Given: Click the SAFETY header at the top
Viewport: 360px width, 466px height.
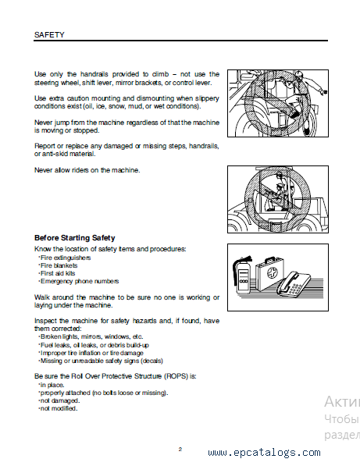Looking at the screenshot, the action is pos(49,35).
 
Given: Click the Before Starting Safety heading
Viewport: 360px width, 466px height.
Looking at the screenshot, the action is pos(75,238).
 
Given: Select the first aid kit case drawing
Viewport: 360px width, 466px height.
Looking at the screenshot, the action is pos(269,273).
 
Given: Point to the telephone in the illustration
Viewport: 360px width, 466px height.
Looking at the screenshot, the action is pos(294,283).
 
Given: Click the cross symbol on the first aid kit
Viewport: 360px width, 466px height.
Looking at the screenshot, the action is pos(271,272).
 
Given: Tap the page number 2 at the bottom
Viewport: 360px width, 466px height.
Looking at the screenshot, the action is pos(180,449).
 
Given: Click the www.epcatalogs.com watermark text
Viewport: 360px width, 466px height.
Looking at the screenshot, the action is pos(264,452).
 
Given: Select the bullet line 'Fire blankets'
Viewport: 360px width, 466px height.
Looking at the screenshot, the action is pos(59,265).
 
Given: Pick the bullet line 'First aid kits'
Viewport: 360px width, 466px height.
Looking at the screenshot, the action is pos(57,273).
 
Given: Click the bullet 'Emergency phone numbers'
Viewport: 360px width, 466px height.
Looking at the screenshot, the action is pos(79,281).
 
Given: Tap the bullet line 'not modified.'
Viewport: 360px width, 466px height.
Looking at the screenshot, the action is pos(59,408).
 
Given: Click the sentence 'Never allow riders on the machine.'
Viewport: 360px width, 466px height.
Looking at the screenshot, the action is pos(87,170).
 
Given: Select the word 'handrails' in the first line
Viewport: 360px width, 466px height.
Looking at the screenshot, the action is pos(94,74).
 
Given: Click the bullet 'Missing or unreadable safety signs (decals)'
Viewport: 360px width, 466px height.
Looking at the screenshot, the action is pos(101,361).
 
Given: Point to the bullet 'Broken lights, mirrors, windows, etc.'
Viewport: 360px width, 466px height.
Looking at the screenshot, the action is pos(91,336).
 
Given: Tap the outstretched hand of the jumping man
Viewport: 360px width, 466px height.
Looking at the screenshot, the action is pos(325,92).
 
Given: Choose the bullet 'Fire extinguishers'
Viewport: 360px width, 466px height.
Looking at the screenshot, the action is pos(65,258).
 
